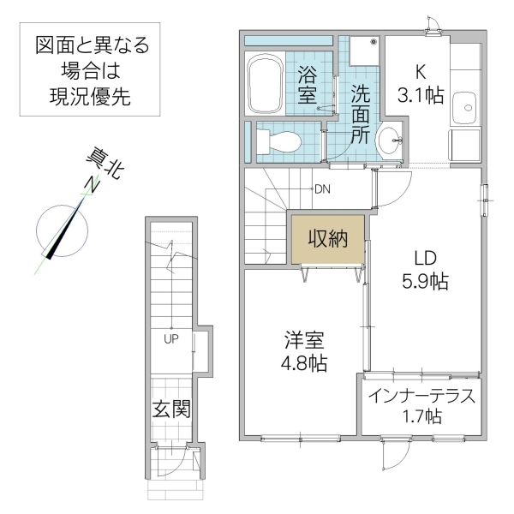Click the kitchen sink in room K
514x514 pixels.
coord(465,106)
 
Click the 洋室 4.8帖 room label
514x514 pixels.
coord(302,350)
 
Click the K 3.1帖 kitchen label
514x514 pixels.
coord(419,82)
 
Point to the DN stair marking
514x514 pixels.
coord(323,189)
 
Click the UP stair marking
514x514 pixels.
coord(172,338)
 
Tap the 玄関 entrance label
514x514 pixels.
coord(171,409)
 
